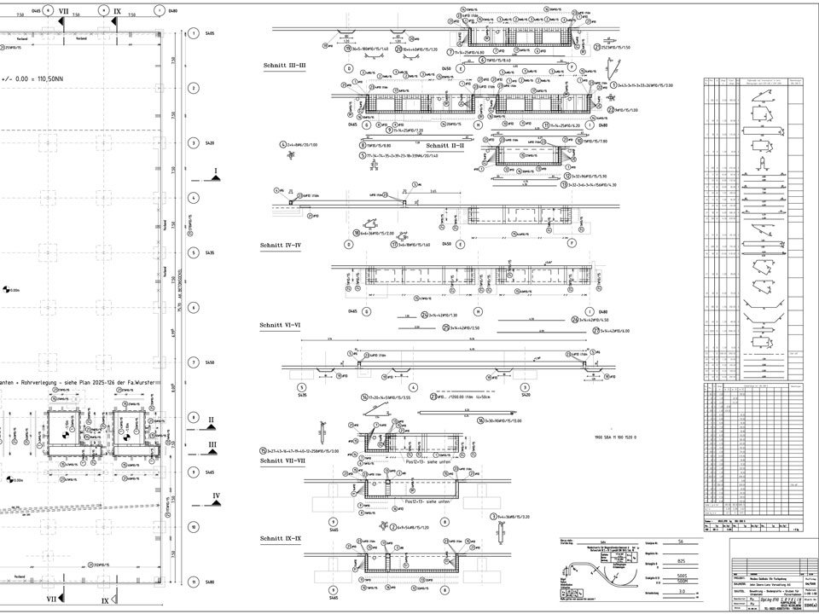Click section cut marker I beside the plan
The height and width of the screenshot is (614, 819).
point(216,171)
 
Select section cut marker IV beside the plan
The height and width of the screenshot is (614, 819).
point(217,495)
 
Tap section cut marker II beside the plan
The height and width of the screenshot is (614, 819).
point(211,420)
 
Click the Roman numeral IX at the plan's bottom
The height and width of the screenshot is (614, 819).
point(105,600)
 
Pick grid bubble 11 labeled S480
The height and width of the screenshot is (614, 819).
point(195,582)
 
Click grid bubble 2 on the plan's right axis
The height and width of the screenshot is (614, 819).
point(195,88)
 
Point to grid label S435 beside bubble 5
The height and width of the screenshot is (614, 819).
point(210,252)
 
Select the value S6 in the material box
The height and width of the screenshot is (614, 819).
point(681,542)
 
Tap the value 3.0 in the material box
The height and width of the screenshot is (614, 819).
point(681,590)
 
